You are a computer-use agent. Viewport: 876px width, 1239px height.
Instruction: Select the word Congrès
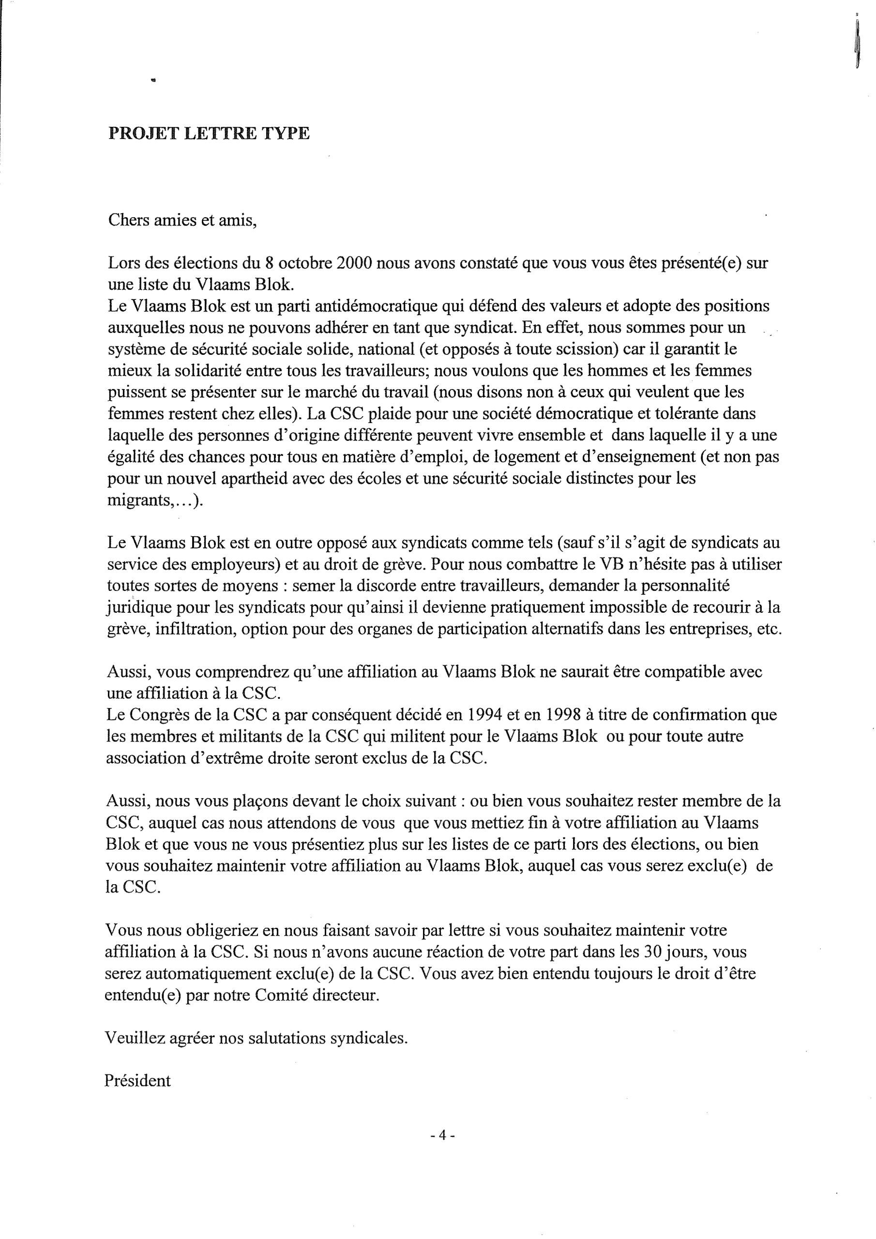click(160, 715)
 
